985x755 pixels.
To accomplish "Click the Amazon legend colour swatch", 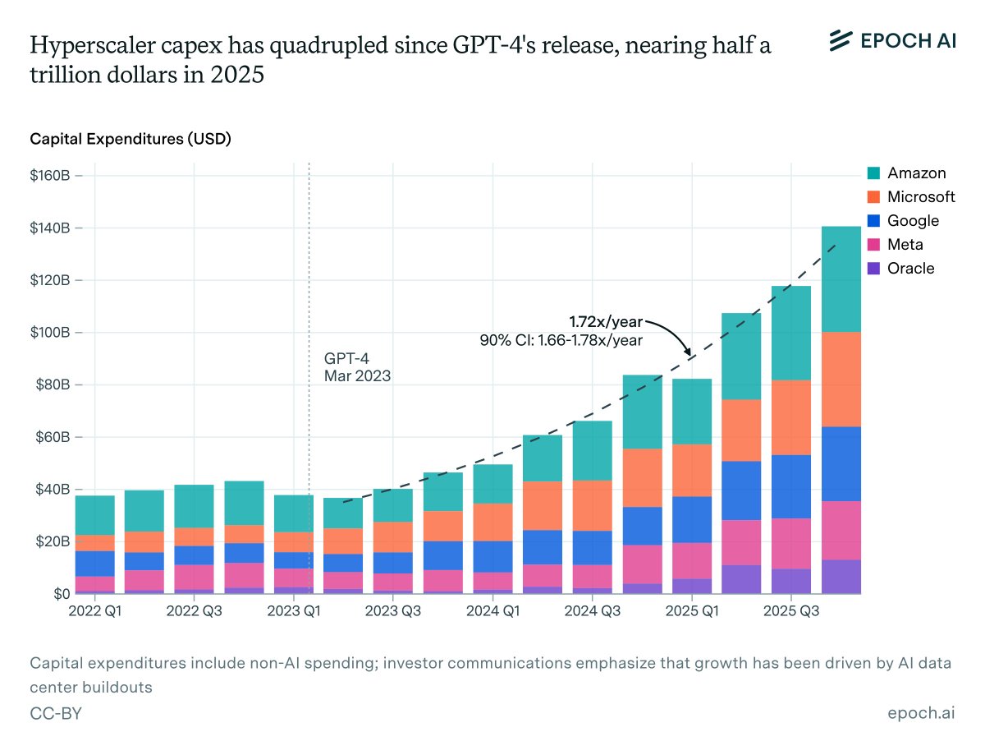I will (875, 173).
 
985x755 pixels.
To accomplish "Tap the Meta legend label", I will (905, 245).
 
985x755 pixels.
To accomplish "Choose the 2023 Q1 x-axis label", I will (293, 611).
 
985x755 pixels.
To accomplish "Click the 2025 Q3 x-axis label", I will (791, 611).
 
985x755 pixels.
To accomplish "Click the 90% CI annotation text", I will (561, 338).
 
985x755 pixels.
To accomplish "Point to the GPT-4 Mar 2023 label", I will (357, 367).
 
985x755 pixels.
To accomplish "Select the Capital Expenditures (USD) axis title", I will (131, 139).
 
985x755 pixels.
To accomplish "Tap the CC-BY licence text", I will (56, 714).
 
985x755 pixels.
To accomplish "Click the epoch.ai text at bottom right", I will (921, 714).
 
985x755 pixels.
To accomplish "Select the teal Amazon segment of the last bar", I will (841, 279).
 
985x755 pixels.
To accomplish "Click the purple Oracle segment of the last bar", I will (841, 576).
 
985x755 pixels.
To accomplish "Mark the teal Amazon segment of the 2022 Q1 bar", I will (95, 515).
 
